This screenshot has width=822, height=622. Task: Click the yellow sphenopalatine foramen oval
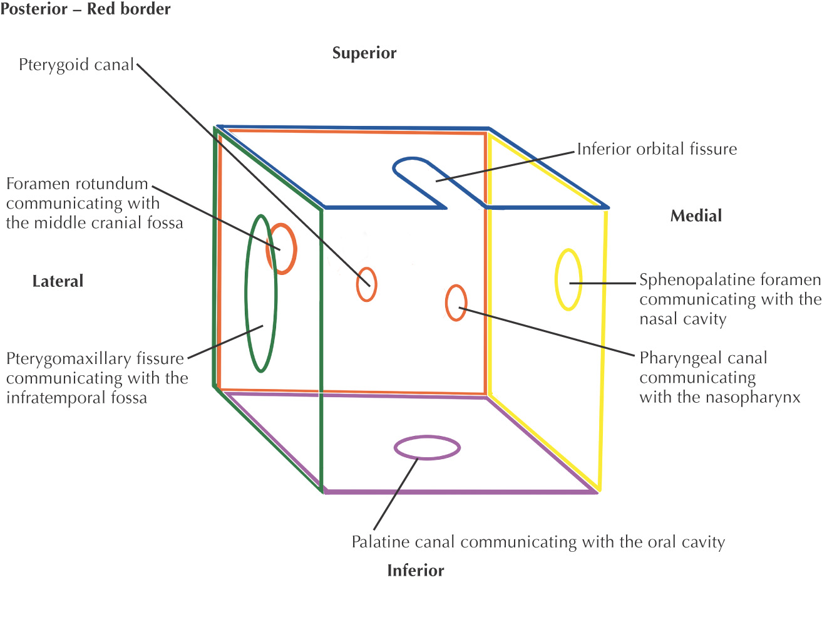coord(568,279)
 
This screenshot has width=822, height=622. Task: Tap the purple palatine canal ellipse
coord(427,448)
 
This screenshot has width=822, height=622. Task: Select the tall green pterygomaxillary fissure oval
coord(260,294)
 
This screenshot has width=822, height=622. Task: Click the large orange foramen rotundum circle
coord(282,249)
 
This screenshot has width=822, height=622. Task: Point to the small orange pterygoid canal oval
coord(366,284)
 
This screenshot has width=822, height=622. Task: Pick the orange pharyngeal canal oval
coord(456,303)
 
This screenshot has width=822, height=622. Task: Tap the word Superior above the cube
coord(364,53)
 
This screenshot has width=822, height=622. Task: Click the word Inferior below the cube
coord(416,571)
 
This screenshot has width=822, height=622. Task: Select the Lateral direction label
coord(58,281)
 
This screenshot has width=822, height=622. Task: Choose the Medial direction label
coord(696,216)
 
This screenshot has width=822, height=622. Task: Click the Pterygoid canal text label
coord(76,65)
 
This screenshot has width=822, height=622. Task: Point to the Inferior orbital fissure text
coord(657,149)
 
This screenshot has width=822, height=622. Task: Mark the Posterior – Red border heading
coord(86,9)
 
